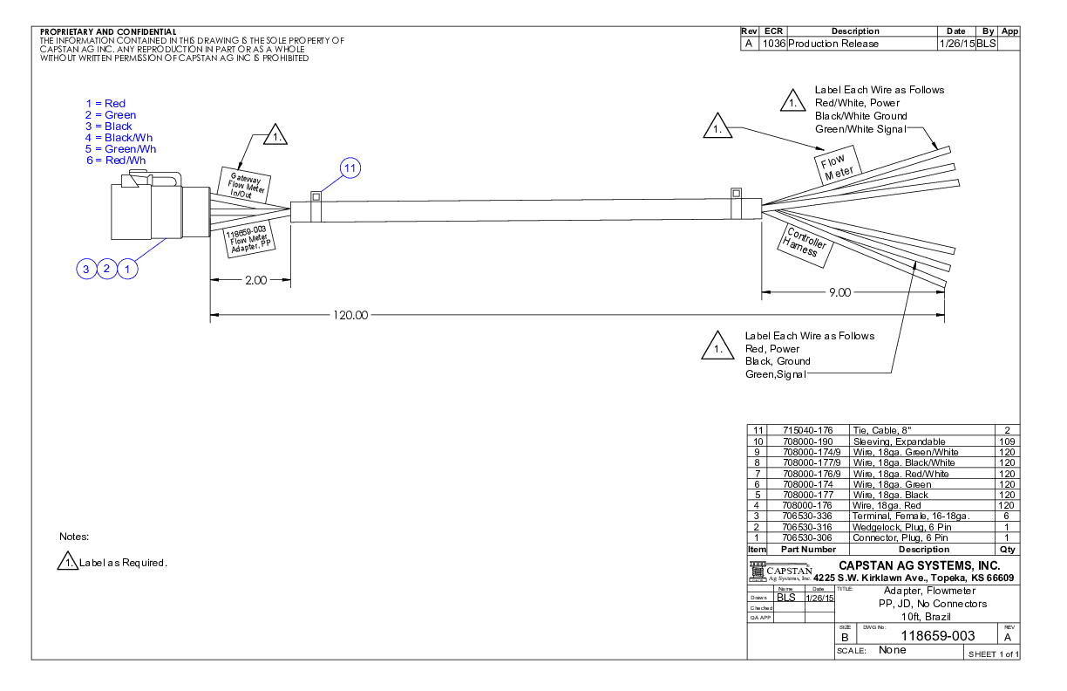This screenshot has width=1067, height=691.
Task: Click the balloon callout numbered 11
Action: pos(350,168)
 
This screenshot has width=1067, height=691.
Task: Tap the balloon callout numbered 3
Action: pos(85,269)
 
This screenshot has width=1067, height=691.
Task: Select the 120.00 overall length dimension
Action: pos(350,315)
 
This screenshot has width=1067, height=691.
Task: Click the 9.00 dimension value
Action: pos(839,292)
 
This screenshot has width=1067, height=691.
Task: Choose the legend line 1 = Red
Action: pos(105,104)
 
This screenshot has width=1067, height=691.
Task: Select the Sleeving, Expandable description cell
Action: pos(899,441)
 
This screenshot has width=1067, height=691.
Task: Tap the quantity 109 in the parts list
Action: pos(1007,441)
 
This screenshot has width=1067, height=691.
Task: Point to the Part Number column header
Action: pos(808,550)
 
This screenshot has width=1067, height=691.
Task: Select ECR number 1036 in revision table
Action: pos(773,44)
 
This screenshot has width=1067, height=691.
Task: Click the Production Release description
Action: pos(834,44)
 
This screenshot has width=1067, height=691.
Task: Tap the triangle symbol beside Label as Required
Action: pos(68,563)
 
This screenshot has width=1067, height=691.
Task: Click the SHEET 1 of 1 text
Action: pos(993,654)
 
